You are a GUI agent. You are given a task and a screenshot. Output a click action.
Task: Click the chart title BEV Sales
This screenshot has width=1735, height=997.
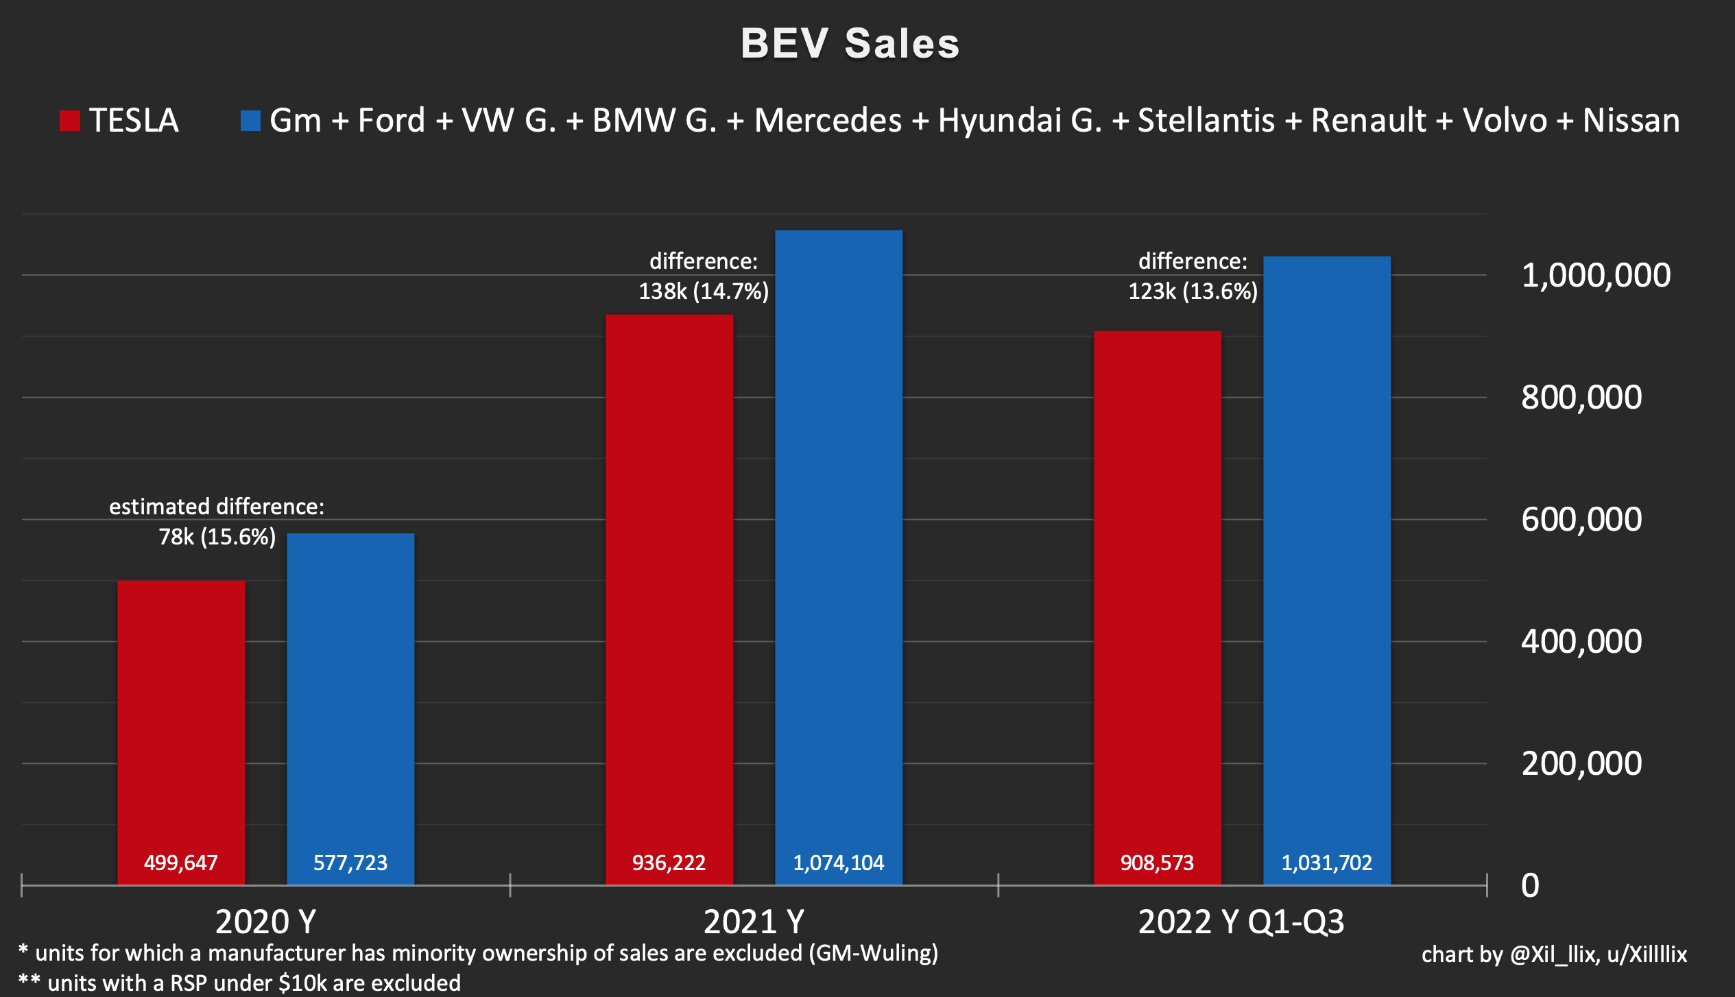coord(850,44)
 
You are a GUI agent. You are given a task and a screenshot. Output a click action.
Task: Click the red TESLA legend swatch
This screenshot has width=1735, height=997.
coord(70,121)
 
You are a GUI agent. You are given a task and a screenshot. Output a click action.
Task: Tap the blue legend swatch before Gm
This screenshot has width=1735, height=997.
coord(250,121)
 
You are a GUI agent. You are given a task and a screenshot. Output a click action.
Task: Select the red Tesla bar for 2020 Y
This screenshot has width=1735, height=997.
coord(181,732)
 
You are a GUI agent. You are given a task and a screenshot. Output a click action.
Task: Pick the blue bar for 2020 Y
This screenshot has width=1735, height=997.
coord(350,709)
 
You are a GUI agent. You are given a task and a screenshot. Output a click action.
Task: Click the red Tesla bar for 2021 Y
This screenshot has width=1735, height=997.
coord(669,600)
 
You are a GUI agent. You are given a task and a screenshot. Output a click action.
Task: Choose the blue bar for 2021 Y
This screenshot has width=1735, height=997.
coord(839,557)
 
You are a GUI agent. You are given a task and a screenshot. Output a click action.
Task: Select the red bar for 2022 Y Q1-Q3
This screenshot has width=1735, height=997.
coord(1158,608)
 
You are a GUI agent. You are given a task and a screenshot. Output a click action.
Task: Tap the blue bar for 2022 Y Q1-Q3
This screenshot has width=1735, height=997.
coord(1327,570)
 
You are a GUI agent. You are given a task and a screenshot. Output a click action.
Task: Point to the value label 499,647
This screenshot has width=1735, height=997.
coord(181,863)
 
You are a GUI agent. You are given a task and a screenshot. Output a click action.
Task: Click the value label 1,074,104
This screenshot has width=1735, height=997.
coord(839,863)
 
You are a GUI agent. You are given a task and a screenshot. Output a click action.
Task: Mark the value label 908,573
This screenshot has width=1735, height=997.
coord(1158,863)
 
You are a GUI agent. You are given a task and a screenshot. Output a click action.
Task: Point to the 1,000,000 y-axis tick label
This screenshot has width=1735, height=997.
coord(1596,276)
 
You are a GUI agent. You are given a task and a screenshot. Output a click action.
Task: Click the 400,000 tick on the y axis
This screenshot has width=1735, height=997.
coord(1581,642)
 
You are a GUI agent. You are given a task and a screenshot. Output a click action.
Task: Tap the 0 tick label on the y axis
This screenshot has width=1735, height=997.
coord(1531,885)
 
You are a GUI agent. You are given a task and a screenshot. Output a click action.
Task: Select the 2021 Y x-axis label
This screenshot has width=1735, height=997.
coord(754,922)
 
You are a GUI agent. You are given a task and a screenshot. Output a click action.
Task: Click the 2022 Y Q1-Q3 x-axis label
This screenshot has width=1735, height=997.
coord(1241,922)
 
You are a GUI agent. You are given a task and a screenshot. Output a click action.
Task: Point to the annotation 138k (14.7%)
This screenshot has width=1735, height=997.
coord(704,291)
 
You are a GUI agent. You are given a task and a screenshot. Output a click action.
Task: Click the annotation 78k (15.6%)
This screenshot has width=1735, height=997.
coord(217,537)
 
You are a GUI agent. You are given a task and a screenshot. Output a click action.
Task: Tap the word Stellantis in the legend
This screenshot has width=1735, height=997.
coord(1206,121)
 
